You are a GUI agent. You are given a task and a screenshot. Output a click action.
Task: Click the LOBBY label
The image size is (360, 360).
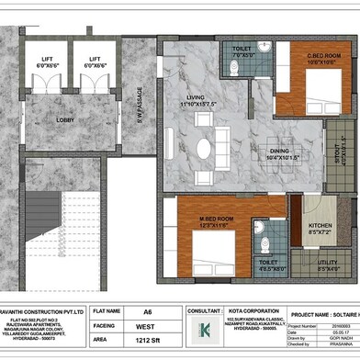click(x=66, y=119)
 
